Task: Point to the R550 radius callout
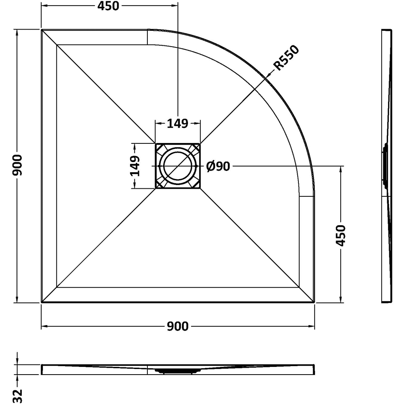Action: click(x=286, y=58)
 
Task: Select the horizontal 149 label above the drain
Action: click(x=177, y=123)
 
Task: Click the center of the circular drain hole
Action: click(x=177, y=166)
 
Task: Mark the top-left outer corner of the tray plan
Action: click(x=42, y=30)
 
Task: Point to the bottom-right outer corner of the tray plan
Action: click(x=314, y=302)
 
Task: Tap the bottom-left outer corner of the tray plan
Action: click(x=42, y=302)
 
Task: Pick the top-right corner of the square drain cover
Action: click(x=200, y=143)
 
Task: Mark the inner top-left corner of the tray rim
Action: click(x=57, y=45)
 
